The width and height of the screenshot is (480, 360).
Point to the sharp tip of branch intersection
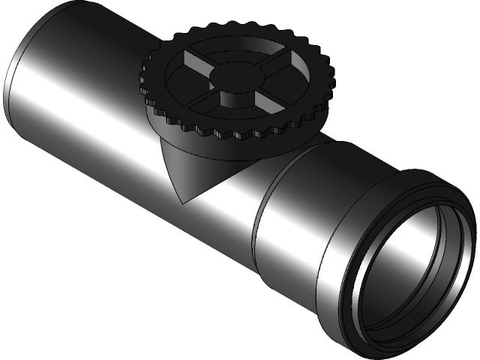tap(182, 201)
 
